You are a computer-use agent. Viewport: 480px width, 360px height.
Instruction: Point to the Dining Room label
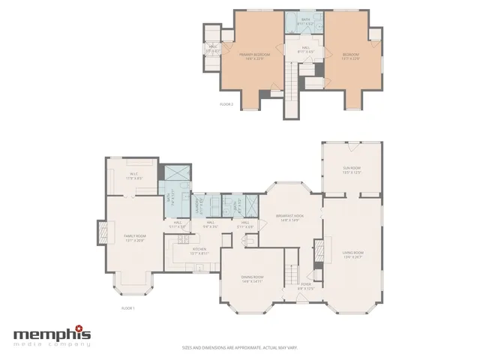pos(252,278)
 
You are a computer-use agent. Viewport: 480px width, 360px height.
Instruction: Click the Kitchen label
pos(199,250)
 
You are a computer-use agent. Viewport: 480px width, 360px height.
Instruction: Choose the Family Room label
pos(134,238)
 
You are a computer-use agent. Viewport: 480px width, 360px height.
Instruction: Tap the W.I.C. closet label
pos(132,176)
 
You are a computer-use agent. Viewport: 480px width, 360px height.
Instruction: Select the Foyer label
pos(306,286)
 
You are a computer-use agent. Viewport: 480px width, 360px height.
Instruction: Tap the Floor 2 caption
pos(226,104)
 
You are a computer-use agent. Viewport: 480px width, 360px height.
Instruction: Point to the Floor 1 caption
pos(128,308)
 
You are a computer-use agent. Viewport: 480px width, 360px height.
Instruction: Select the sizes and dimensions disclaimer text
pos(240,347)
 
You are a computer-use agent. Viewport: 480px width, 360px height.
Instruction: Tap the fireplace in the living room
pos(319,252)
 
